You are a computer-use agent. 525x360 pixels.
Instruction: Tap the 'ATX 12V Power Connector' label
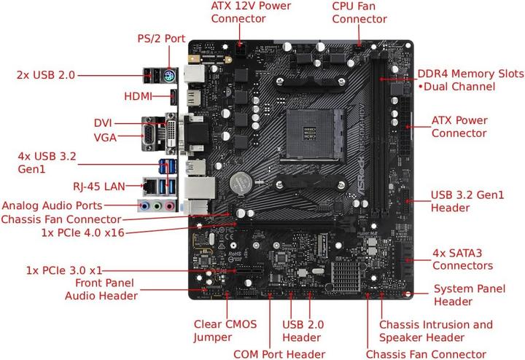pyautogui.click(x=251, y=12)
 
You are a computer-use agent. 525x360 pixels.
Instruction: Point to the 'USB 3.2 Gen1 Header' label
pyautogui.click(x=468, y=200)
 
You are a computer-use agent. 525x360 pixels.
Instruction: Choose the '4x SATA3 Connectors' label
pyautogui.click(x=462, y=258)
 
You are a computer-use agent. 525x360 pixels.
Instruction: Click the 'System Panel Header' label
pyautogui.click(x=470, y=295)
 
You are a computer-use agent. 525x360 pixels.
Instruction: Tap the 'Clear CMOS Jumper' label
pyautogui.click(x=225, y=331)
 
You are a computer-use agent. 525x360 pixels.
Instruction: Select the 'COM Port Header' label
pyautogui.click(x=279, y=354)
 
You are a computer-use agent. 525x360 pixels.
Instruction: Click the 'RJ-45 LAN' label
pyautogui.click(x=102, y=186)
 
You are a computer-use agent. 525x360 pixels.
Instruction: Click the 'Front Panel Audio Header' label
pyautogui.click(x=101, y=289)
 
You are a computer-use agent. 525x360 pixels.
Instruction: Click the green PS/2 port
pyautogui.click(x=167, y=74)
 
